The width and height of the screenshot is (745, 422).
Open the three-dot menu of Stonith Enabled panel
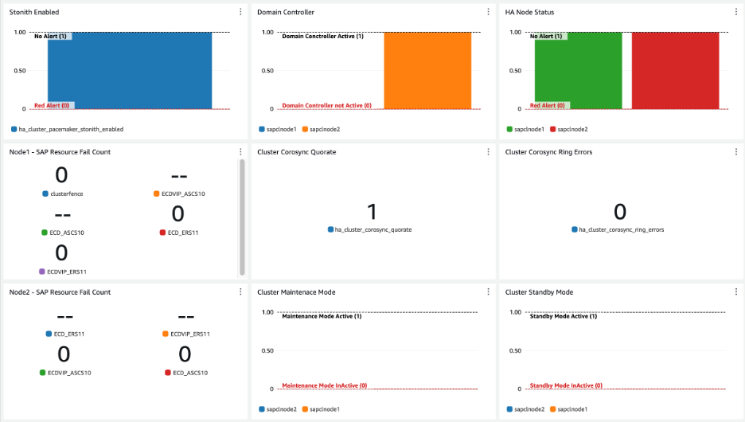[x=241, y=12]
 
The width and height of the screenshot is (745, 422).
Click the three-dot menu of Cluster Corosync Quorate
[x=489, y=152]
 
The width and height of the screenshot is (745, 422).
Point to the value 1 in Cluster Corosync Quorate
[x=372, y=211]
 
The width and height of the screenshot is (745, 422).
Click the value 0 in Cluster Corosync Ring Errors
[x=620, y=211]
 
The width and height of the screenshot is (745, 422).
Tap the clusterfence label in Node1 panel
[x=68, y=193]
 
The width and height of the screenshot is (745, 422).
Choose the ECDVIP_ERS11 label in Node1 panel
[x=66, y=272]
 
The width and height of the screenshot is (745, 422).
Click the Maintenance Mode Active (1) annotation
[x=322, y=316]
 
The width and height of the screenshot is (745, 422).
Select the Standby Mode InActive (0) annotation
[x=566, y=385]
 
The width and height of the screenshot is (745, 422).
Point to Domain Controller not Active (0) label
[x=326, y=105]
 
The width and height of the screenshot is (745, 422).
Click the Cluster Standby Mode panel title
[x=539, y=292]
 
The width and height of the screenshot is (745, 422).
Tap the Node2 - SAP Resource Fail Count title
[x=60, y=292]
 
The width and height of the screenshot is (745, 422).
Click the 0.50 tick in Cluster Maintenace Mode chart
[x=268, y=350]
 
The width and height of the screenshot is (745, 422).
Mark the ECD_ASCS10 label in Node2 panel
[x=190, y=373]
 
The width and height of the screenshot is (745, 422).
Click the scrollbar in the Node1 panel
[x=242, y=215]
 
